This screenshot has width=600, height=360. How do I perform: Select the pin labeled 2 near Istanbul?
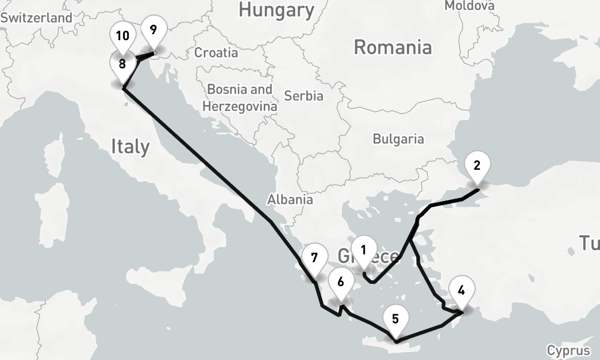tap(477, 166)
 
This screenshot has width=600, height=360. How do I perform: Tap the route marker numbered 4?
tap(461, 291)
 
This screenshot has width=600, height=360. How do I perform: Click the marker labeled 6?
tap(341, 282)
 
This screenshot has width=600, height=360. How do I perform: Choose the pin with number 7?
tap(314, 259)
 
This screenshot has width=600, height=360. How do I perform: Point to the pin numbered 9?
tap(154, 29)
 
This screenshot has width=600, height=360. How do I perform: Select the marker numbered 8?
tap(122, 64)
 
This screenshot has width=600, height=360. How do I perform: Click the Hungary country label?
tap(276, 10)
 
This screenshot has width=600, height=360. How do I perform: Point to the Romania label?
tap(392, 47)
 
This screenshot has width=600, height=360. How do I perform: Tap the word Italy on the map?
tap(130, 146)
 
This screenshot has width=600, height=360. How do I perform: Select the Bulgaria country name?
tap(398, 139)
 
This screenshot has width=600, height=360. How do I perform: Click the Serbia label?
tap(304, 95)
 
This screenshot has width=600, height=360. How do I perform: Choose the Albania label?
tap(290, 200)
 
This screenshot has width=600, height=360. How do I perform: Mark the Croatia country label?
tap(216, 53)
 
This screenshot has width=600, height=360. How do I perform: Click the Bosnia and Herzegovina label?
tap(240, 98)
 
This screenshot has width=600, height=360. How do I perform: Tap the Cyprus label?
tap(568, 350)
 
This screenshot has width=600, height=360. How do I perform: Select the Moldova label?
tap(470, 5)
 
